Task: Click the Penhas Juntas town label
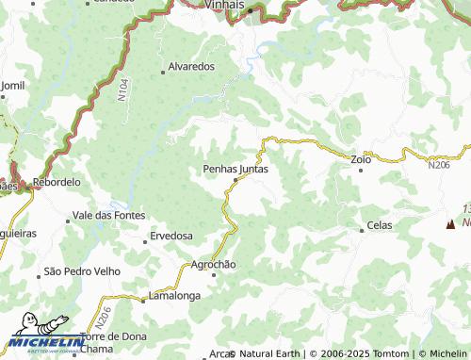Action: [x=235, y=170]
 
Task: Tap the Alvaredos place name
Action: [x=191, y=67]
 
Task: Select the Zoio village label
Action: [x=362, y=159]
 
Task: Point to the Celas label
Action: [x=380, y=225]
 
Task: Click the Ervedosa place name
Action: [x=171, y=236]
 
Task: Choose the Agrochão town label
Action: [x=214, y=264]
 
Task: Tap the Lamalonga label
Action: [x=175, y=296]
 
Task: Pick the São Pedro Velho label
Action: [x=83, y=272]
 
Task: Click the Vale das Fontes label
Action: [x=110, y=216]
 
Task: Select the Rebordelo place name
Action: [x=57, y=182]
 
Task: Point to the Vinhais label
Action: [x=224, y=6]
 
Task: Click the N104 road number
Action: [x=122, y=90]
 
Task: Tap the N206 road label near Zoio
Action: [x=438, y=166]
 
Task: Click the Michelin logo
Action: [x=41, y=342]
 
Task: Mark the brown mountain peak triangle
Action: [x=449, y=224]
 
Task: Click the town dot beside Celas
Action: [x=362, y=229]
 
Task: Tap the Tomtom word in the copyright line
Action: [x=395, y=353]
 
